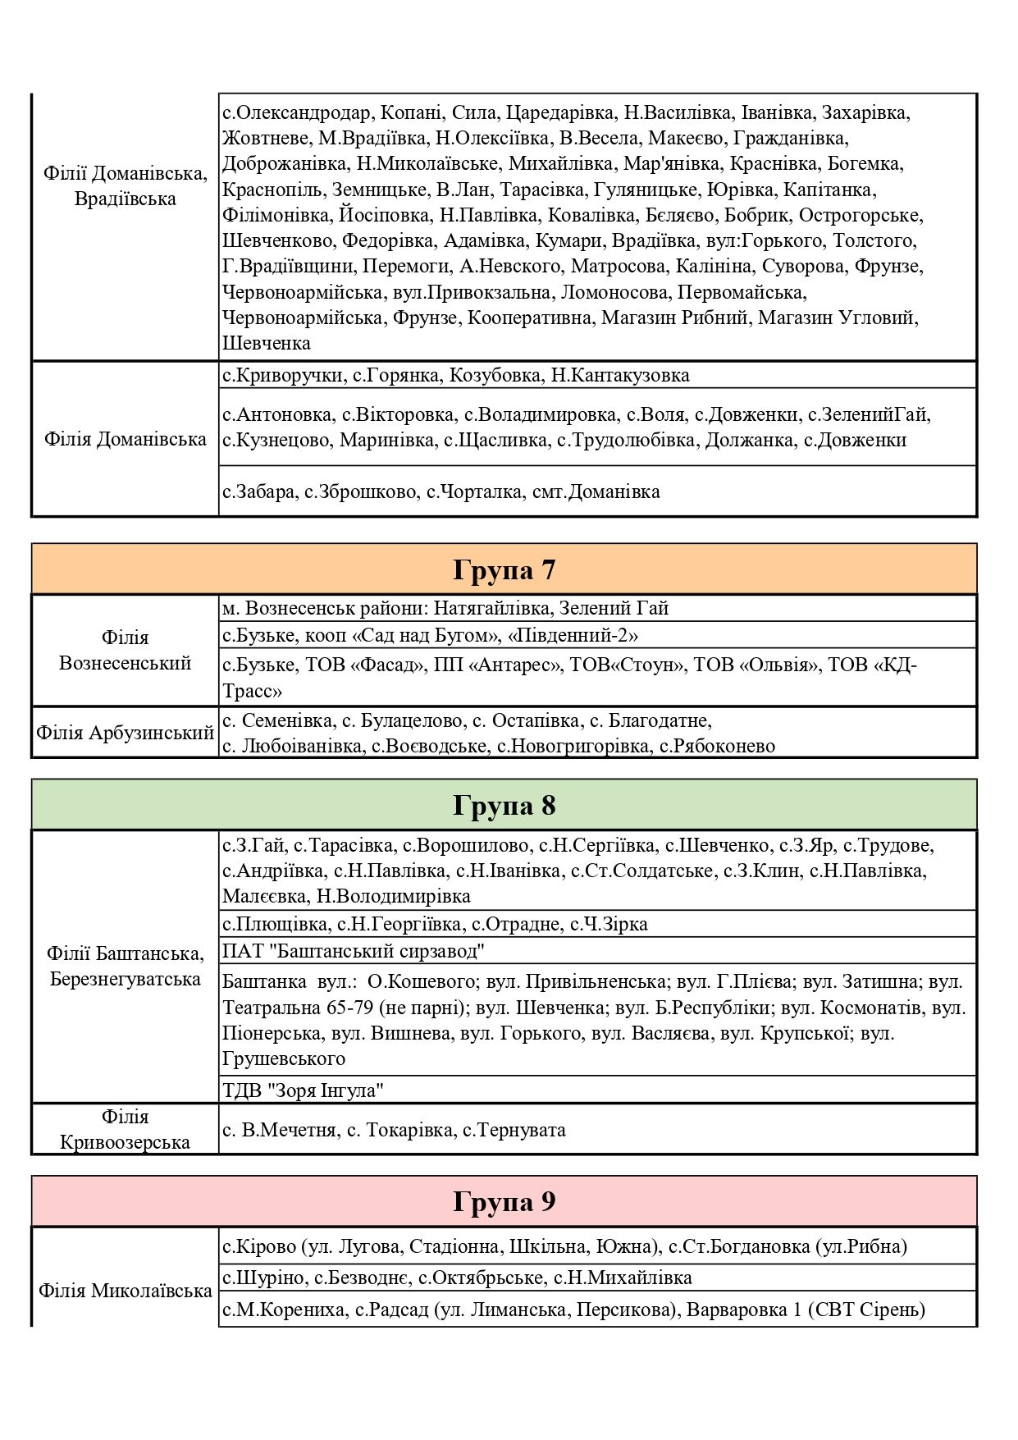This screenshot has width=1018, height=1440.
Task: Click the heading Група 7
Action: tap(504, 569)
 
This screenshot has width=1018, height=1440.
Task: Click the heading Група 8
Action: tap(504, 805)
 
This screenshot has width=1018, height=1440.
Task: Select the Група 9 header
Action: tap(504, 1202)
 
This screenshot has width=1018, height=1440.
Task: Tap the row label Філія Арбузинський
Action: tap(125, 733)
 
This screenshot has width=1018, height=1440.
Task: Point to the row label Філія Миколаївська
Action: tap(125, 1291)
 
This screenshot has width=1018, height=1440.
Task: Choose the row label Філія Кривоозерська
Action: tap(125, 1129)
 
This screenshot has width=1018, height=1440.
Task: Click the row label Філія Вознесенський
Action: tap(125, 650)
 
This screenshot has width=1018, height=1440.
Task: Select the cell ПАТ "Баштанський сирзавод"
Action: tap(354, 952)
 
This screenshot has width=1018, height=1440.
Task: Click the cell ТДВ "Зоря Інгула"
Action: tap(304, 1090)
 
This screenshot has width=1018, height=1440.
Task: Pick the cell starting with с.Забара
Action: tap(441, 492)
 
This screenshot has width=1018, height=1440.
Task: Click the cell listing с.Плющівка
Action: tap(435, 924)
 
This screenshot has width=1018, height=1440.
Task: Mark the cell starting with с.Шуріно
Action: tap(457, 1278)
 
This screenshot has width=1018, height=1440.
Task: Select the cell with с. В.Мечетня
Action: tap(394, 1130)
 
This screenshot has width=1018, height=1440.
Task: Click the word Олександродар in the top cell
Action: tap(302, 113)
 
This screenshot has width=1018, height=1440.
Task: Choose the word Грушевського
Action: tap(284, 1059)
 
